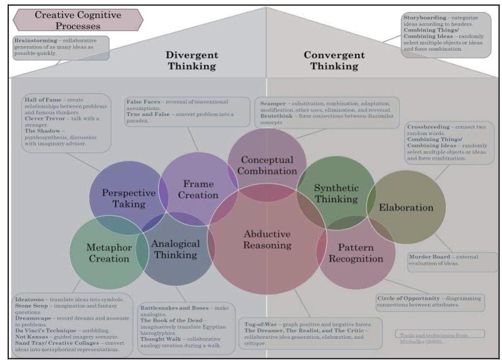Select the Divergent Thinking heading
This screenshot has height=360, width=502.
coord(192,60)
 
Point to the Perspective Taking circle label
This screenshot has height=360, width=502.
coord(125,198)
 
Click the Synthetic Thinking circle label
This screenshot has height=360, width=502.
coord(336,194)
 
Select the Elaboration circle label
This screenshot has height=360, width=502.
coord(406,207)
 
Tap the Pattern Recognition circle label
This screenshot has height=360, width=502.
coord(356,253)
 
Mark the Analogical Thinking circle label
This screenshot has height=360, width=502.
coord(175,249)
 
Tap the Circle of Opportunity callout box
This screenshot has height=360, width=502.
coord(430,302)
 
